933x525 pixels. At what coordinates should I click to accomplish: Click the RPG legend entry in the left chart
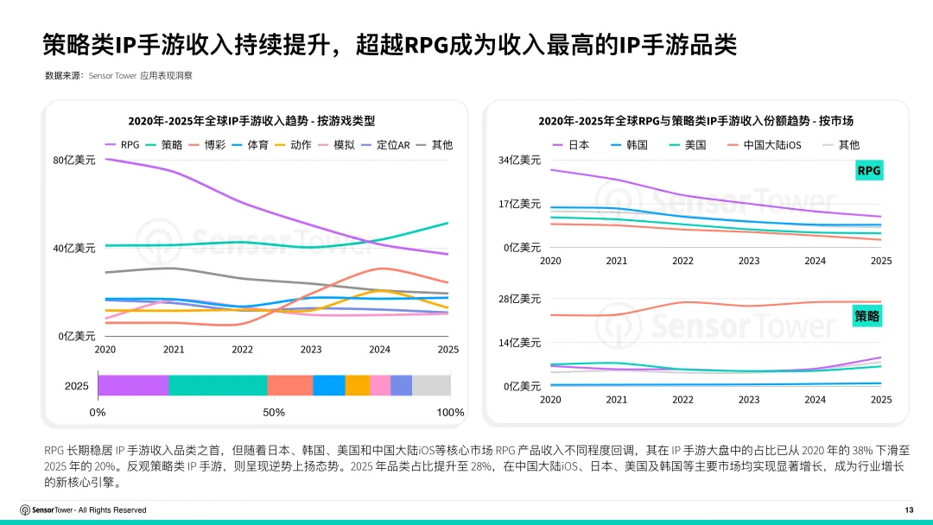click(x=123, y=145)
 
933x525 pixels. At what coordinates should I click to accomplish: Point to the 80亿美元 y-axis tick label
click(x=74, y=161)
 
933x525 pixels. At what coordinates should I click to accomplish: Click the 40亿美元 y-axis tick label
click(x=74, y=249)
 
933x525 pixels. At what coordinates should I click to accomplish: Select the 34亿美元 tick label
click(x=519, y=161)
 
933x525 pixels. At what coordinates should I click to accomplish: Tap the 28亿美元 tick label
click(x=519, y=299)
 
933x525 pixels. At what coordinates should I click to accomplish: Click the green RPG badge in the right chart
click(x=868, y=171)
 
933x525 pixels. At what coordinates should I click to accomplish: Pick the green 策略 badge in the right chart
click(x=868, y=317)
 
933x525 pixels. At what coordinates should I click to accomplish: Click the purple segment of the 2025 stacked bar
click(x=133, y=385)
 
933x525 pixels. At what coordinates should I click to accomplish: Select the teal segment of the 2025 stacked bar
click(x=218, y=385)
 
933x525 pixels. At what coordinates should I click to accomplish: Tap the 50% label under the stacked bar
click(x=274, y=413)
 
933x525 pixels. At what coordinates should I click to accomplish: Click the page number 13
click(x=908, y=509)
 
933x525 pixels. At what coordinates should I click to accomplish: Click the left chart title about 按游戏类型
click(x=251, y=121)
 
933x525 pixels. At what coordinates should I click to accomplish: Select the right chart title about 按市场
click(x=695, y=121)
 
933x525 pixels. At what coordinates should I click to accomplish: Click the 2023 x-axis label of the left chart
click(x=311, y=350)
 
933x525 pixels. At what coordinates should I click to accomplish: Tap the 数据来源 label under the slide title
click(x=65, y=76)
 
